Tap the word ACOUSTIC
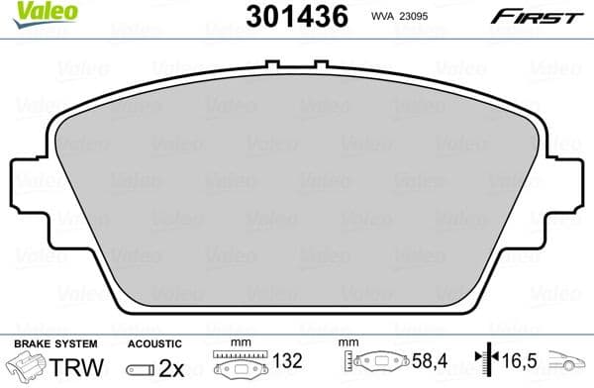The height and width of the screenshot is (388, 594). pyautogui.click(x=153, y=342)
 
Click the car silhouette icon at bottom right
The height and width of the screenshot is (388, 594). pyautogui.click(x=570, y=366)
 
